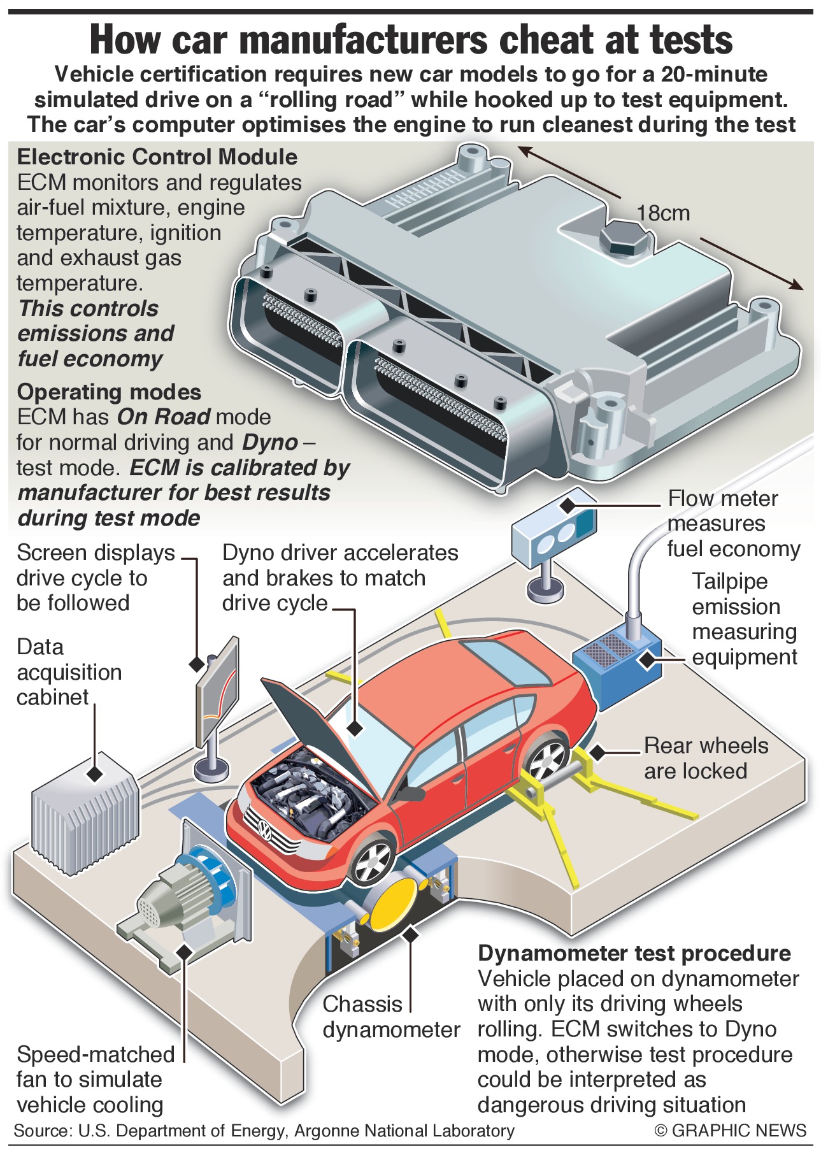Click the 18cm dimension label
(663, 213)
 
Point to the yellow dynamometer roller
(392, 902)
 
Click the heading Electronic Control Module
(157, 157)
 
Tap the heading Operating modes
(109, 392)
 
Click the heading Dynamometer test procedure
(634, 954)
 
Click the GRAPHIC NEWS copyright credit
(730, 1131)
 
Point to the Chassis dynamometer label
(390, 1017)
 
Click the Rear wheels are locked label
(705, 758)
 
